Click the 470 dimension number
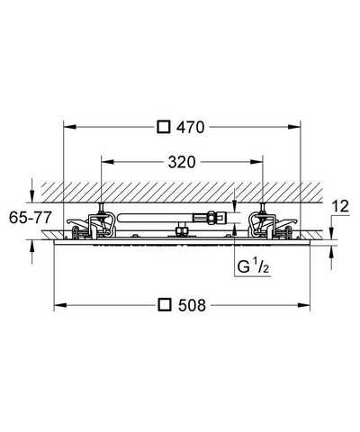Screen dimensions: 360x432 tap(191, 127)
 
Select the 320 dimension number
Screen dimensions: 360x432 tap(182, 162)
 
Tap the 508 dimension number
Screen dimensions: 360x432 tap(192, 305)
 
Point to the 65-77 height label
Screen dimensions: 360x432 tap(30, 217)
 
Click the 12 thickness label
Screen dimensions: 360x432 tap(341, 206)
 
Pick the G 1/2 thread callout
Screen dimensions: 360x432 tap(253, 267)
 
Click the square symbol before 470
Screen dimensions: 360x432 tap(164, 127)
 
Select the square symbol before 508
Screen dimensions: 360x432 tap(165, 305)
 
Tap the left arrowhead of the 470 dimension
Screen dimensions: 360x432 tap(70, 127)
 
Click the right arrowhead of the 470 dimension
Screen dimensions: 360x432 tap(294, 127)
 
